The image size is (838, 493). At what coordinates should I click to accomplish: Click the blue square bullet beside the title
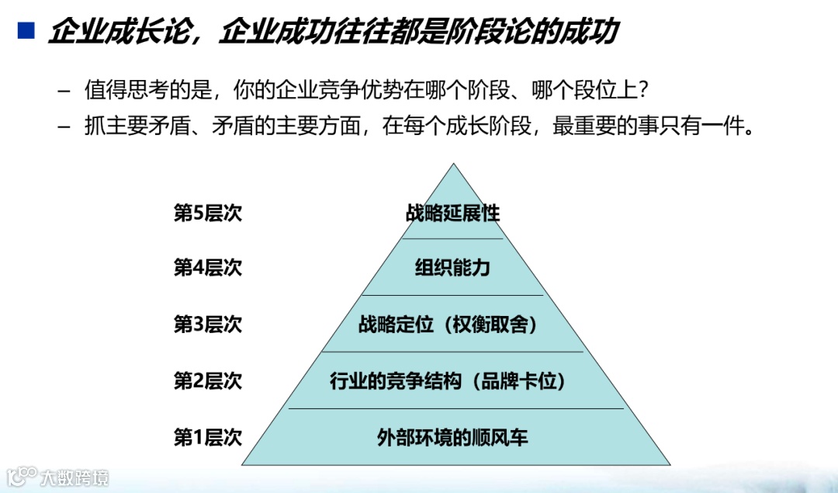pyautogui.click(x=26, y=30)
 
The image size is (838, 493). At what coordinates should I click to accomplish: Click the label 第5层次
pyautogui.click(x=207, y=213)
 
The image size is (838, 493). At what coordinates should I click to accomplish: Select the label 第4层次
pyautogui.click(x=207, y=268)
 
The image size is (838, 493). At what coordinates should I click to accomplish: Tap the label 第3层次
pyautogui.click(x=207, y=324)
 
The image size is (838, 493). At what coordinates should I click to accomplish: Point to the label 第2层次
pyautogui.click(x=207, y=380)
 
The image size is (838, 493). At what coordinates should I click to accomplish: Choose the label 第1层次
pyautogui.click(x=207, y=437)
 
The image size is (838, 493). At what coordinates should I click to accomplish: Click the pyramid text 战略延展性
pyautogui.click(x=453, y=213)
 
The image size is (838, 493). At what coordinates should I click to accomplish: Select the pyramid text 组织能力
pyautogui.click(x=453, y=268)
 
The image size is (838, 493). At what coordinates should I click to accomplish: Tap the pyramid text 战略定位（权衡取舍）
pyautogui.click(x=453, y=325)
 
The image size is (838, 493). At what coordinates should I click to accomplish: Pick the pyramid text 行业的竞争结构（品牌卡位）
pyautogui.click(x=453, y=381)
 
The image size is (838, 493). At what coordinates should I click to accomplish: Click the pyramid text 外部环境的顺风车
pyautogui.click(x=453, y=437)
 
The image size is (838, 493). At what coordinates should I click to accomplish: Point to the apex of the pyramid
pyautogui.click(x=453, y=165)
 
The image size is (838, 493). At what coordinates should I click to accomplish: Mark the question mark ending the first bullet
pyautogui.click(x=642, y=91)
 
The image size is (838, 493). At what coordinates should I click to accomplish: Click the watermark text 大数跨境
pyautogui.click(x=75, y=476)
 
